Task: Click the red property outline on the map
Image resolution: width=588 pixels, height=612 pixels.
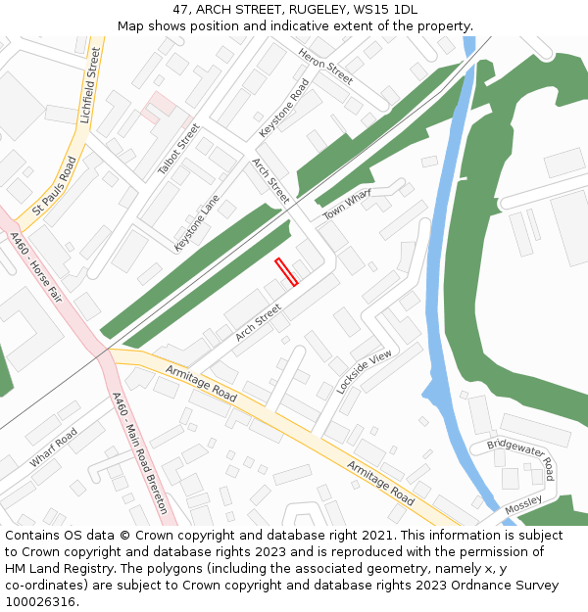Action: (286, 272)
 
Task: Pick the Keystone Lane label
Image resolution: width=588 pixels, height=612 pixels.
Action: (197, 222)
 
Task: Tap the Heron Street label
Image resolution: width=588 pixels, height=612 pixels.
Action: (325, 66)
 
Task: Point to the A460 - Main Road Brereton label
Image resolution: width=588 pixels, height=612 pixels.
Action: (139, 453)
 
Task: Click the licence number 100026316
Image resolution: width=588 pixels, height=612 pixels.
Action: (40, 602)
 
